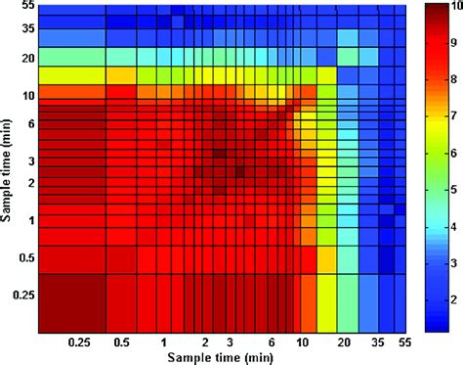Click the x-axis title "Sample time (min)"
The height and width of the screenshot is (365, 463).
pos(223,356)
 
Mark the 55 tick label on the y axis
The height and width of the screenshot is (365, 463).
pos(26,7)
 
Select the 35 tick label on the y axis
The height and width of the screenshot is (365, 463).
pos(26,29)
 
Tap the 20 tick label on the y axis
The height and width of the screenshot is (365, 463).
pos(26,59)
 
